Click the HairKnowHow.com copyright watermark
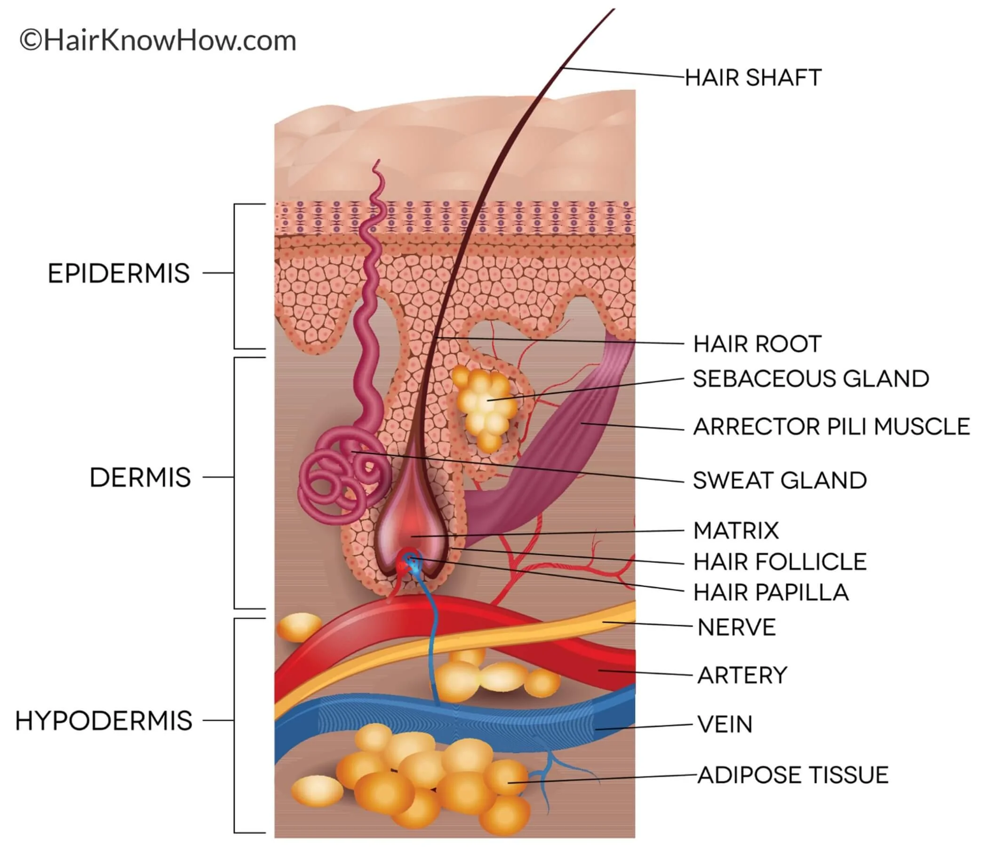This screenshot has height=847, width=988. tap(158, 41)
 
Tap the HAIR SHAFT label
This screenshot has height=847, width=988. tap(753, 78)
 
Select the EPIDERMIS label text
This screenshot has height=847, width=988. tap(119, 273)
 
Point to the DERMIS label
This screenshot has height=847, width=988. tap(140, 478)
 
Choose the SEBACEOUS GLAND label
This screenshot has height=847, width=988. tap(811, 379)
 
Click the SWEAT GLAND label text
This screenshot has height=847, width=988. tap(780, 480)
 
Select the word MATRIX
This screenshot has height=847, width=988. tap(736, 530)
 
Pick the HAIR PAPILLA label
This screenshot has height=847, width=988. tap(771, 592)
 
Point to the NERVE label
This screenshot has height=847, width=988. tap(736, 627)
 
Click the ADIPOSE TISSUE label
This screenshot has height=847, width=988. tap(793, 775)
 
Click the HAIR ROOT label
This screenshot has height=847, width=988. tap(757, 344)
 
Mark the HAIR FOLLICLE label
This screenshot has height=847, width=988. tap(780, 562)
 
